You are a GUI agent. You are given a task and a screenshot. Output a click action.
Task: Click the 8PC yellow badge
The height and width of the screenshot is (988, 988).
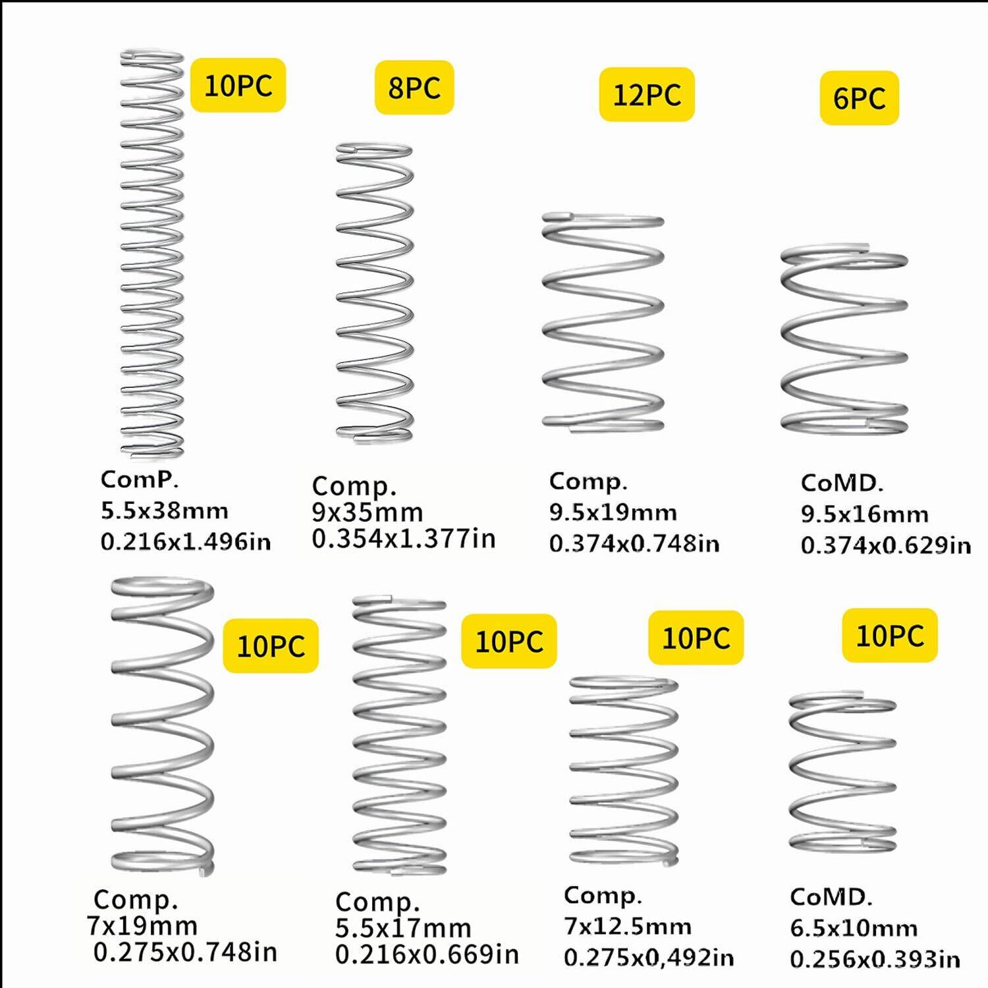(414, 88)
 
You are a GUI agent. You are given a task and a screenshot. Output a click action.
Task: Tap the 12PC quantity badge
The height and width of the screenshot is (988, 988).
(646, 94)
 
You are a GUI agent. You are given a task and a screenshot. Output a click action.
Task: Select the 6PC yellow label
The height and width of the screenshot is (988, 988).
(859, 98)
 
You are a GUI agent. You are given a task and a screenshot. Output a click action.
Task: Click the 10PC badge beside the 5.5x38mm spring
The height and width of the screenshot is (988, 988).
(238, 85)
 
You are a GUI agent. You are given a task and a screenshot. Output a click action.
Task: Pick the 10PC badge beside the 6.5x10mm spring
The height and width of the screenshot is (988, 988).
(889, 635)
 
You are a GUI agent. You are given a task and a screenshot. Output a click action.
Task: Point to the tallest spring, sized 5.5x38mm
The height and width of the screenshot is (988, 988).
(151, 254)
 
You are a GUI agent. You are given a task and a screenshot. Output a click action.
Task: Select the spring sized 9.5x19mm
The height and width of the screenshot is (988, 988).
(603, 321)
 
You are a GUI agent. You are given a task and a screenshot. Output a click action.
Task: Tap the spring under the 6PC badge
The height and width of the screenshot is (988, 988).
(844, 339)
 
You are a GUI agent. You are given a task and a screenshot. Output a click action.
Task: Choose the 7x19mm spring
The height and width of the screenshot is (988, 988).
(162, 725)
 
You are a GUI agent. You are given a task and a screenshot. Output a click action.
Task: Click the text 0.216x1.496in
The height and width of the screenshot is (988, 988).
(186, 541)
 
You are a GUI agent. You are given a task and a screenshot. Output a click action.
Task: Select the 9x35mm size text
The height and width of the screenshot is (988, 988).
(367, 512)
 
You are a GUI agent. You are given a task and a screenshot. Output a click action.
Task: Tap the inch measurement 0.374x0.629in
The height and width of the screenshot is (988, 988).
(885, 545)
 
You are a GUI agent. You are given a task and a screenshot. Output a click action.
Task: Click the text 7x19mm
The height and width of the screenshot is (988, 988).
(142, 925)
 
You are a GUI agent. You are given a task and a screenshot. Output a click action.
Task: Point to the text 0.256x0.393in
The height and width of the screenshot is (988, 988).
(875, 959)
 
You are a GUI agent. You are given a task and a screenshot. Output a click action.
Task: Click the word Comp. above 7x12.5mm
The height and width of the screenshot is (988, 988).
(602, 896)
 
